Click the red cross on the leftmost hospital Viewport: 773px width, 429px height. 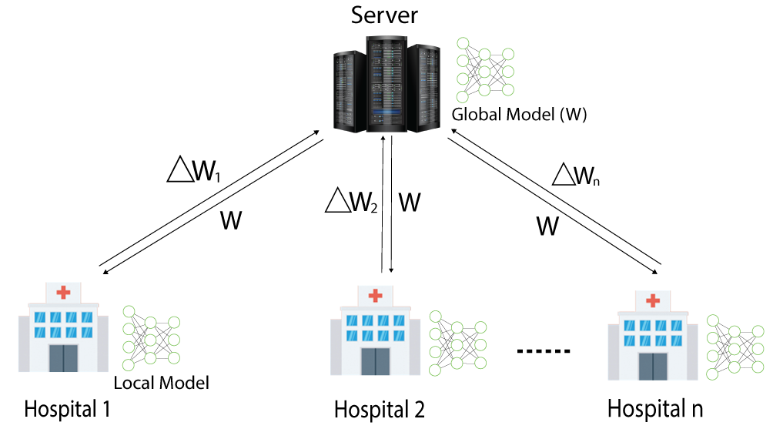click(63, 292)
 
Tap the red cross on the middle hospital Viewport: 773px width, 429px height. click(375, 295)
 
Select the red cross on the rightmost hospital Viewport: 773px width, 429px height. click(652, 300)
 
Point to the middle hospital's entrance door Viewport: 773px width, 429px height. click(375, 361)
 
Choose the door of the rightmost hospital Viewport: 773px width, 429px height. click(652, 366)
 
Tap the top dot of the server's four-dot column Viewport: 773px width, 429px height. click(463, 43)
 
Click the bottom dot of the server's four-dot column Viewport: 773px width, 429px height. click(463, 97)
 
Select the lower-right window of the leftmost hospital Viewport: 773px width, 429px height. click(87, 333)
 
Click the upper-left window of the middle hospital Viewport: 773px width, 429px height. click(351, 320)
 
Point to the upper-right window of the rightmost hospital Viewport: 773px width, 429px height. click(676, 325)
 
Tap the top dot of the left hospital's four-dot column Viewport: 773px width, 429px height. click(129, 311)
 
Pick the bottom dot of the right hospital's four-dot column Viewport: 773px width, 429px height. click(712, 374)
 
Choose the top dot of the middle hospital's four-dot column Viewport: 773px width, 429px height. click(435, 317)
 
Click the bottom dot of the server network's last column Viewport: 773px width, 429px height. click(508, 89)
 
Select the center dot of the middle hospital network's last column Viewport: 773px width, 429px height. click(480, 345)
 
